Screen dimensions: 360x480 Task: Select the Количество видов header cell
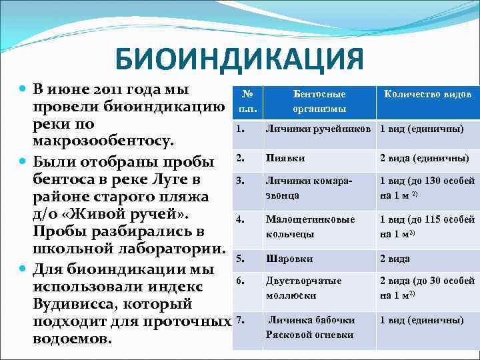(427, 95)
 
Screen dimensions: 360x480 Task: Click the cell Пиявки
(285, 158)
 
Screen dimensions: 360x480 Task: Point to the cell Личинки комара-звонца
(309, 188)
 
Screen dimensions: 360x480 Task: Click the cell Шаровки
(289, 259)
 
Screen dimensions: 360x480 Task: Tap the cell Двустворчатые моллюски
(303, 288)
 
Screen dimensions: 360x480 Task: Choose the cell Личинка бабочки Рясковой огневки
(311, 327)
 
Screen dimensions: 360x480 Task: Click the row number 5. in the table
(241, 257)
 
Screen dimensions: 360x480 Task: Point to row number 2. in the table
(241, 157)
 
